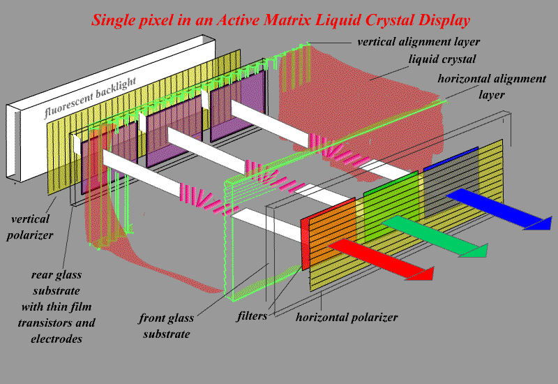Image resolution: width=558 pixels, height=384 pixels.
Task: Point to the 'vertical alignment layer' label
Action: pos(418,41)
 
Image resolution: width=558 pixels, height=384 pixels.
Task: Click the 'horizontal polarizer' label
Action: pos(347,318)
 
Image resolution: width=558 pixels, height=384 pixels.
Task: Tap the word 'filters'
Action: pos(251,316)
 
